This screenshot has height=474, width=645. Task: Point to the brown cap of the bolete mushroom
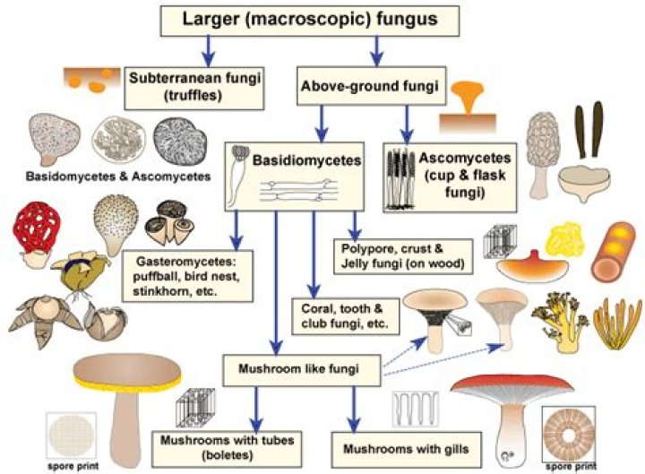coord(127,371)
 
